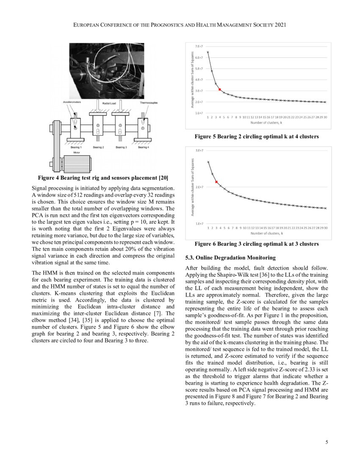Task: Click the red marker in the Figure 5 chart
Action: (220, 89)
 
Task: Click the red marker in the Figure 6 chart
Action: (216, 182)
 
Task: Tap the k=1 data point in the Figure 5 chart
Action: (208, 52)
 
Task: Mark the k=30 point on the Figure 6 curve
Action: (325, 208)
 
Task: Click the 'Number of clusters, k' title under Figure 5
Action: (266, 122)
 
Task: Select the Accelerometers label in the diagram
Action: (72, 103)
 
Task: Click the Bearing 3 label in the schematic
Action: (121, 147)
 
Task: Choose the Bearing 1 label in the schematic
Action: (76, 147)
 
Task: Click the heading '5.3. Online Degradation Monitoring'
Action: (230, 258)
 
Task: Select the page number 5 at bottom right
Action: (327, 443)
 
